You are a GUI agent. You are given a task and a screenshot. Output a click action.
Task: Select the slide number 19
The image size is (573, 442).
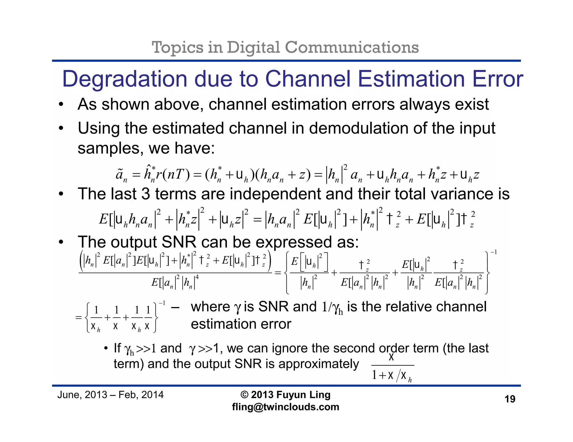(510, 399)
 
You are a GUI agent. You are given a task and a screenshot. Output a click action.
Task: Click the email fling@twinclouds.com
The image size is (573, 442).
(285, 407)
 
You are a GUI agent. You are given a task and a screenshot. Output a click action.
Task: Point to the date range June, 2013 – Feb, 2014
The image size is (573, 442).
(110, 395)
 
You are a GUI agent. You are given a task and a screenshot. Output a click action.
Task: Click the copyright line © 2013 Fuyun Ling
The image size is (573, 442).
(285, 395)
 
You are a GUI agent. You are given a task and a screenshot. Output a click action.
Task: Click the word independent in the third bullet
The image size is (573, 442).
(275, 194)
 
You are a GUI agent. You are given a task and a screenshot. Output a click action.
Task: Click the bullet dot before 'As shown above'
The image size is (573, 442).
(61, 105)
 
